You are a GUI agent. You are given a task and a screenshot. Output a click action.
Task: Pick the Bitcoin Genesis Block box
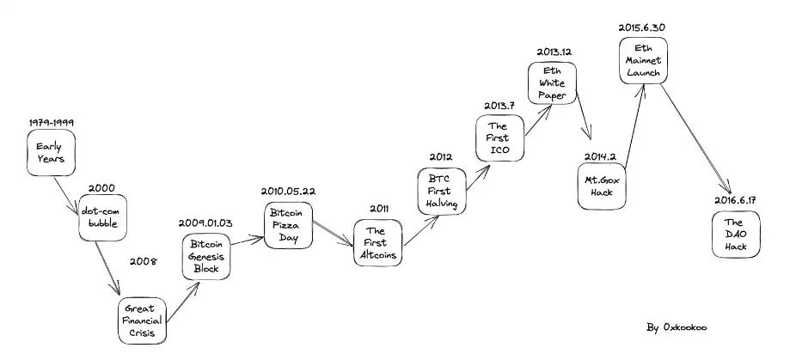[x=206, y=256]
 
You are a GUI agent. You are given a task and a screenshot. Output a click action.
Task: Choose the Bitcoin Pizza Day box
[x=289, y=224]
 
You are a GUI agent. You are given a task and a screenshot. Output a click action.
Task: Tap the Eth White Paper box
[x=552, y=82]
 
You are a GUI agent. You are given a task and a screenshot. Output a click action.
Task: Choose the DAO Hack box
[x=737, y=234]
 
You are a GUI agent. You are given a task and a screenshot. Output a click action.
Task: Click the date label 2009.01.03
[x=205, y=223]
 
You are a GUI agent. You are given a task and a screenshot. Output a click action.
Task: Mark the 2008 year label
[x=142, y=260]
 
